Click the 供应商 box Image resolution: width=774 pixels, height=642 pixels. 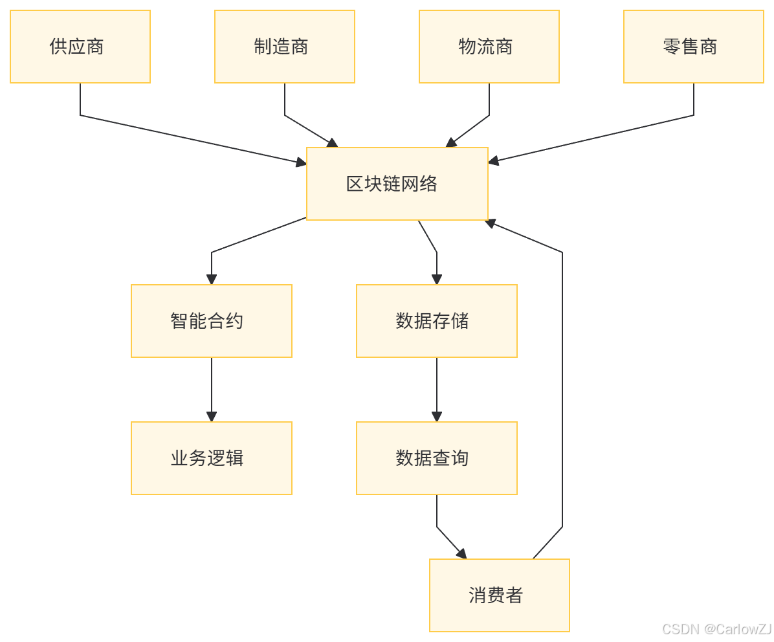[80, 47]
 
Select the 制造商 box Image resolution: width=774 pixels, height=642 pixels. [285, 47]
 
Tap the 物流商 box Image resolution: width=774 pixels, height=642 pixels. [489, 47]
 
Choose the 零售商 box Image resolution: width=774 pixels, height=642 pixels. [694, 47]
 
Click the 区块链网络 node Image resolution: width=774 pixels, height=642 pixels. [397, 184]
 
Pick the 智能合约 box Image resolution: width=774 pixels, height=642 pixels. [212, 321]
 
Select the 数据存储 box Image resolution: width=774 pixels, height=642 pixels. [437, 321]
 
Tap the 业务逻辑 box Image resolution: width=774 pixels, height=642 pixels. [212, 458]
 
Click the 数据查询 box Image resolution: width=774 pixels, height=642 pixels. [437, 458]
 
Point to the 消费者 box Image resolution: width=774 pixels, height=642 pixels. [500, 595]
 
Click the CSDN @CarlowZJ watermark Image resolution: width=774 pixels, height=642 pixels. [716, 628]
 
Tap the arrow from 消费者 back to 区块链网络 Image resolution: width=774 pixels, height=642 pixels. [562, 388]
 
